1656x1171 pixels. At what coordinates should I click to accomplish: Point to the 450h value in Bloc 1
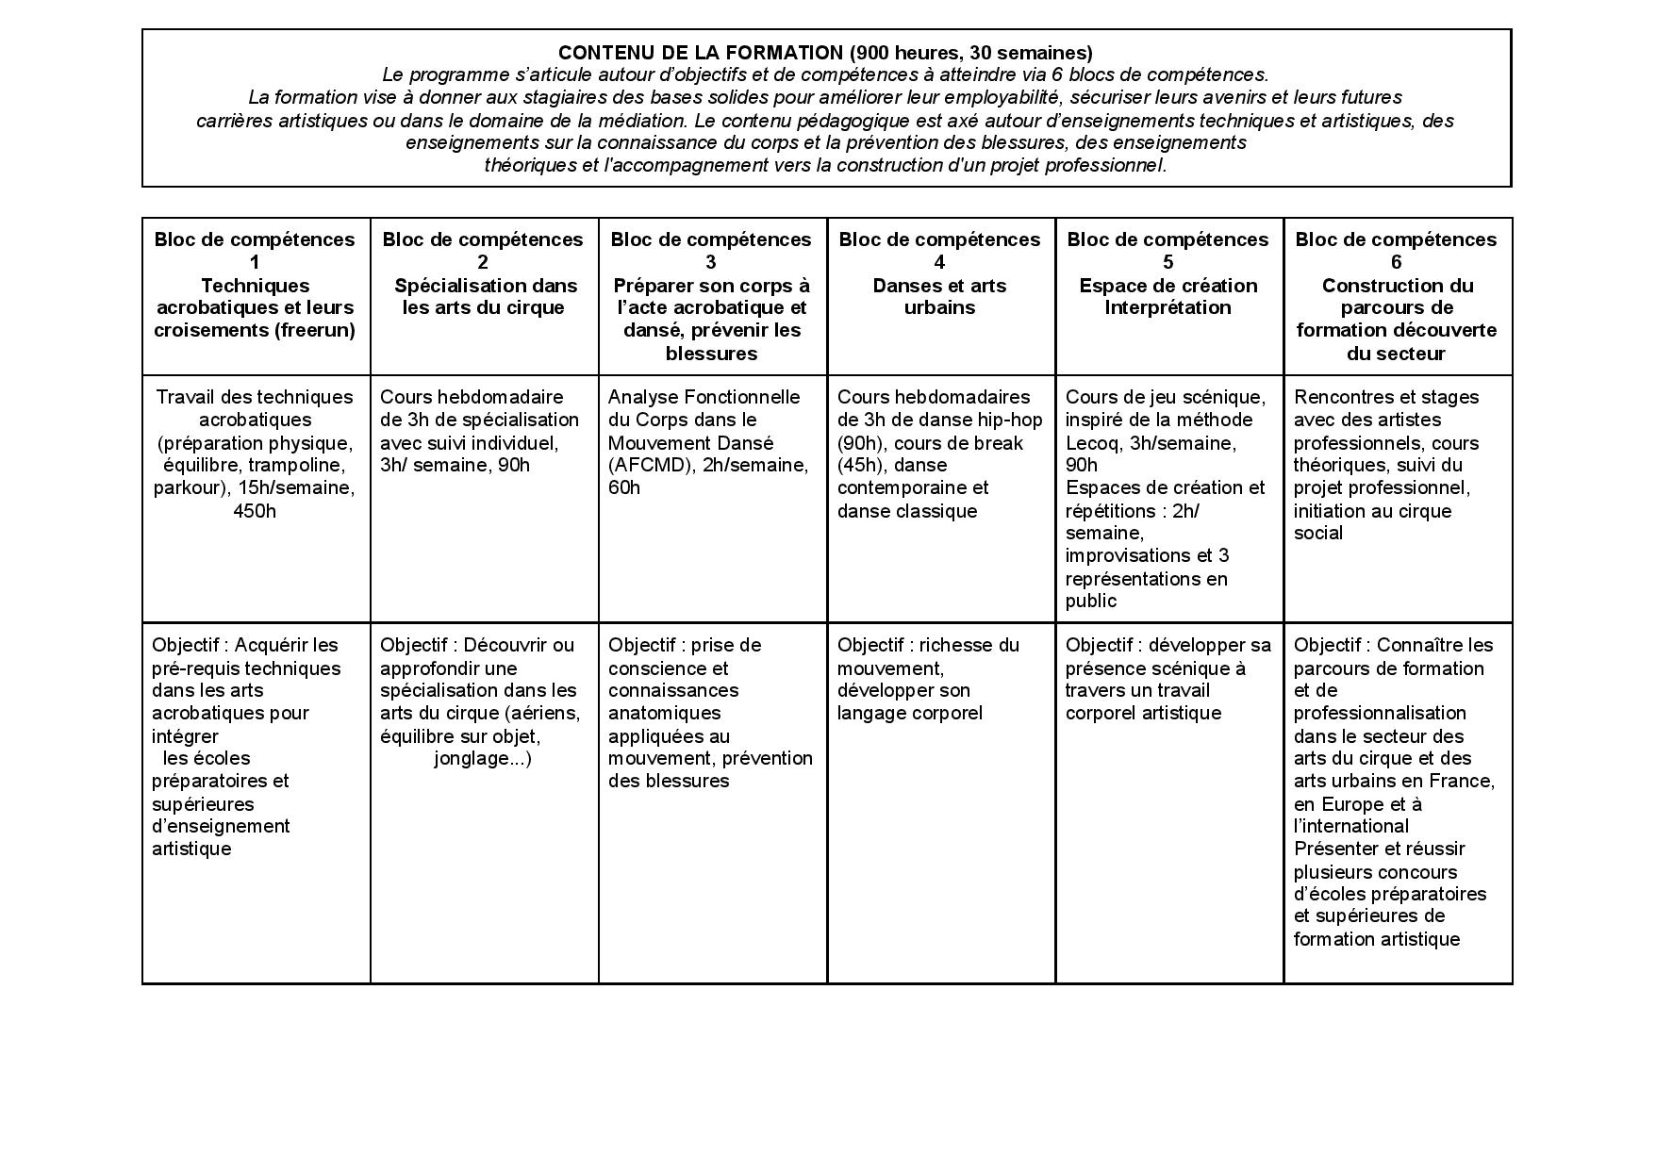[255, 511]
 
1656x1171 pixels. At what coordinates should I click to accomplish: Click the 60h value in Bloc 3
[624, 488]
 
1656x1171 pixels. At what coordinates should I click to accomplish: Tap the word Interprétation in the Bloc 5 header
[1167, 307]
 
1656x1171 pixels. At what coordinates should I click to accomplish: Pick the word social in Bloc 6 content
[1318, 534]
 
